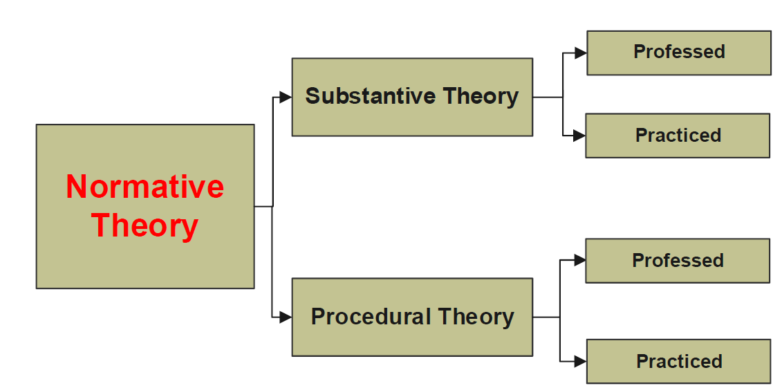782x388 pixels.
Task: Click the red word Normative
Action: tap(145, 186)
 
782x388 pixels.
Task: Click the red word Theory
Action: tap(145, 225)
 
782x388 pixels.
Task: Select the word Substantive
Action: tap(369, 95)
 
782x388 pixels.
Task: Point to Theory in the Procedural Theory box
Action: tap(476, 317)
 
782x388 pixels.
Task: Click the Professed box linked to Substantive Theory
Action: tap(679, 53)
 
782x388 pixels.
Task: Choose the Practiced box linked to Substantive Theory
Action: tap(678, 136)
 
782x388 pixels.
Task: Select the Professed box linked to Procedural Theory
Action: tap(678, 261)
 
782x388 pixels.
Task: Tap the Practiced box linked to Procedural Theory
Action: tap(678, 361)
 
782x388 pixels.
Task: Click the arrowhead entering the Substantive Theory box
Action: tap(286, 98)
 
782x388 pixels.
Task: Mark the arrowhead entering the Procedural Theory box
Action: tap(286, 317)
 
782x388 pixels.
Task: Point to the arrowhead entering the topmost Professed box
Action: tap(581, 53)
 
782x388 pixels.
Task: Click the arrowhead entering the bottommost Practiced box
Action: tap(580, 361)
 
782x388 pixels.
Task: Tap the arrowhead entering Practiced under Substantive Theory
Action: tap(579, 135)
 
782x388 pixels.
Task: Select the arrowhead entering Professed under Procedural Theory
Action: tap(579, 260)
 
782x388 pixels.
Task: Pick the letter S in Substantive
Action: tap(313, 95)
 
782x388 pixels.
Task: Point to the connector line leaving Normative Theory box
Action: tap(272, 206)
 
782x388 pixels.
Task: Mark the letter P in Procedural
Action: tap(317, 316)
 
